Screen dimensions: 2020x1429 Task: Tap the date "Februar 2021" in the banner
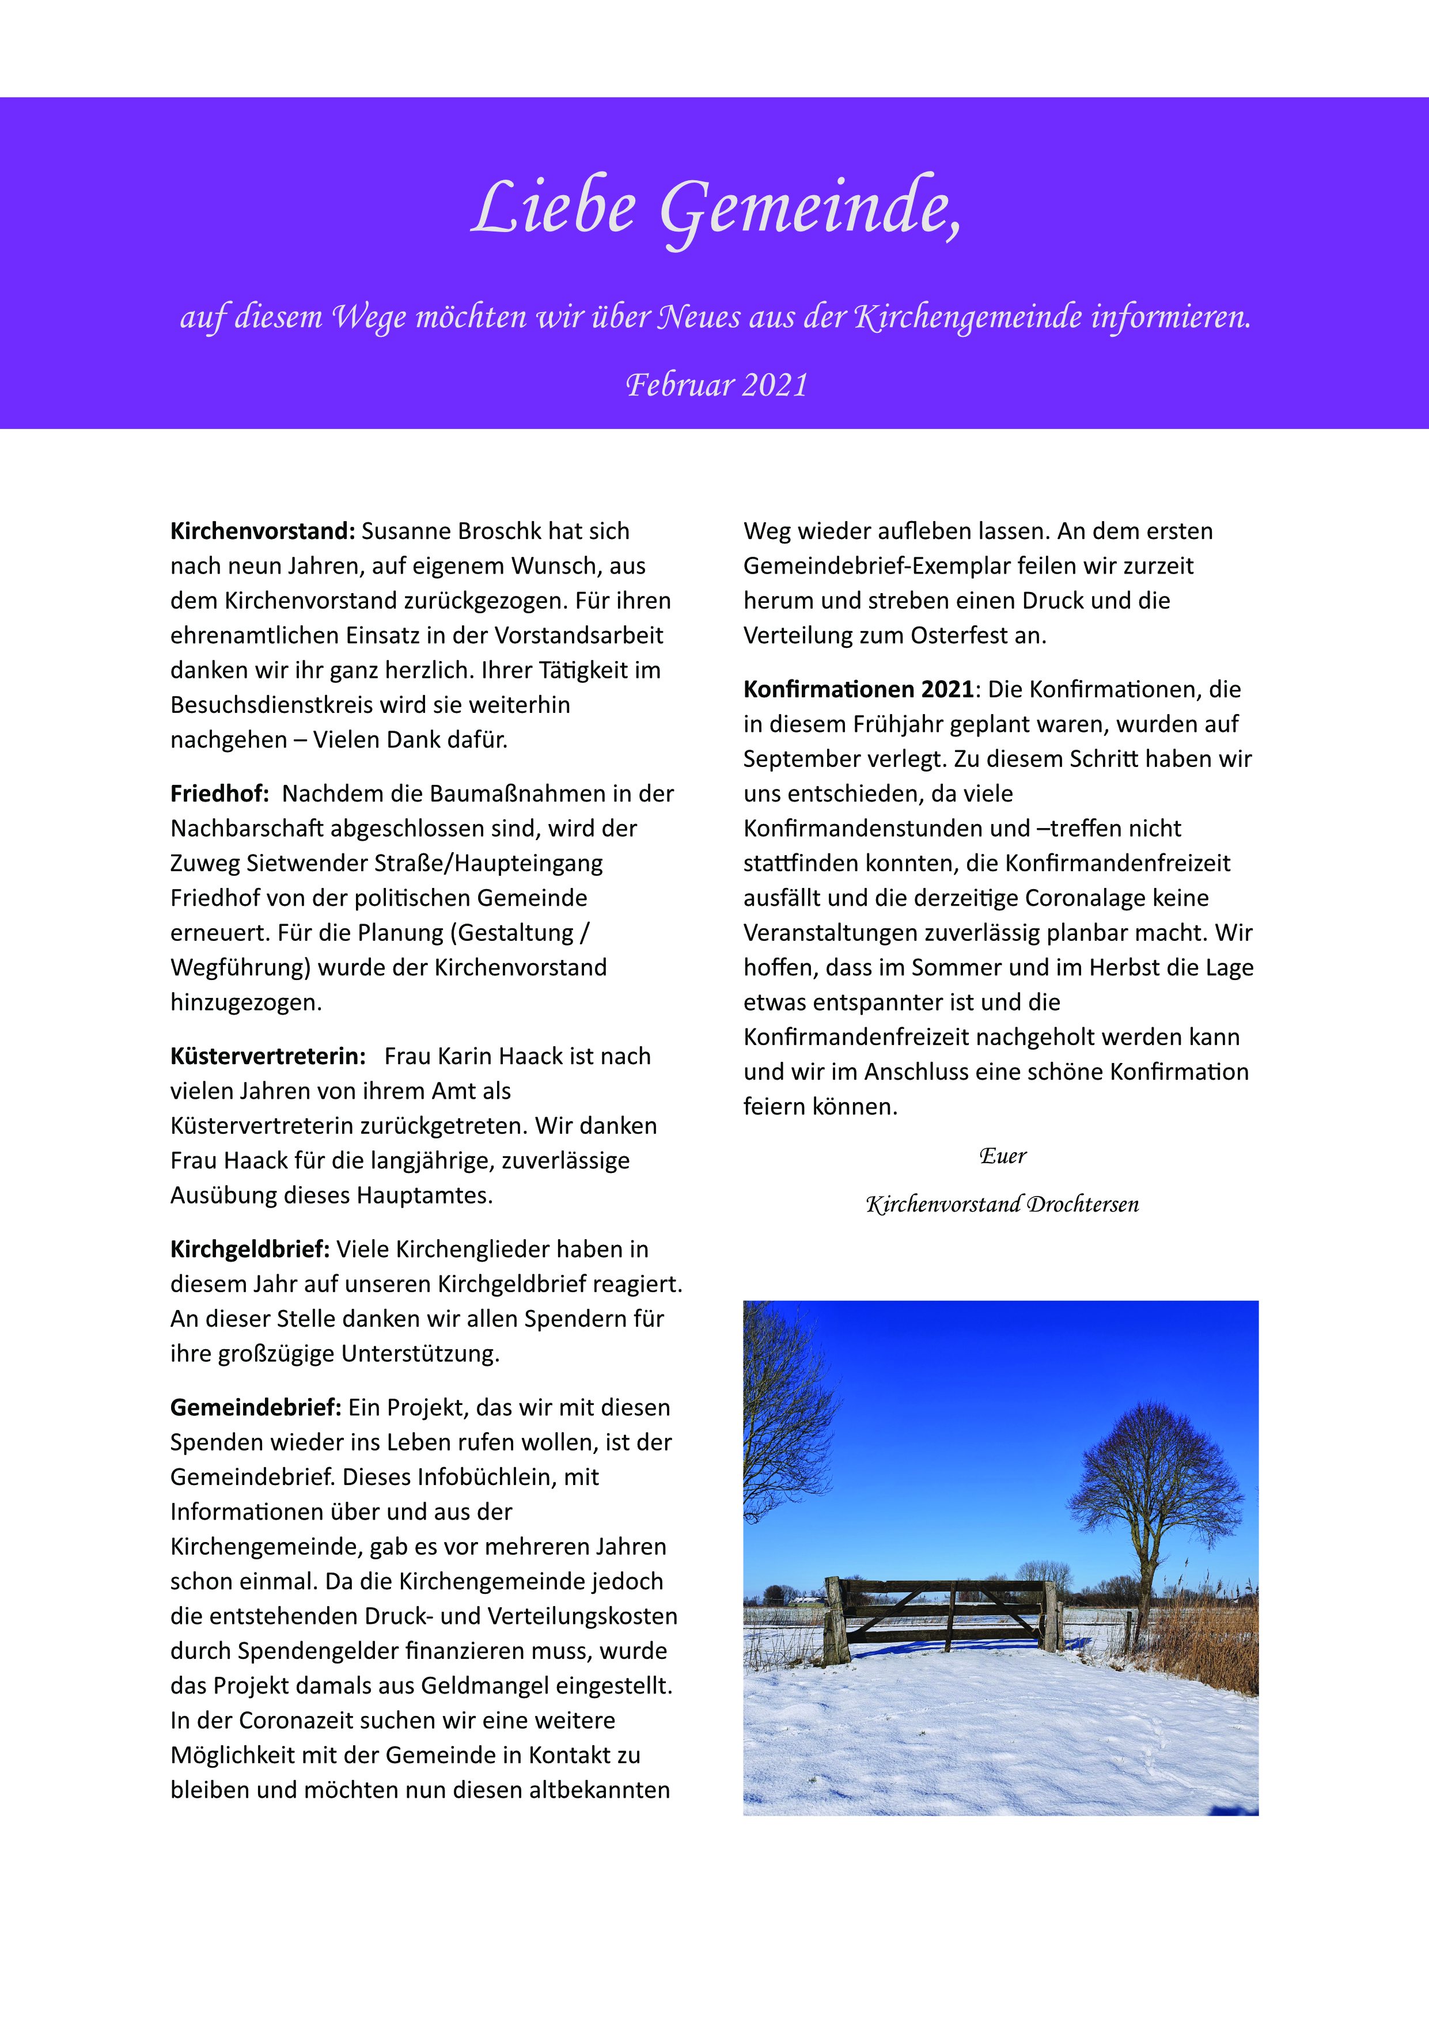pyautogui.click(x=717, y=385)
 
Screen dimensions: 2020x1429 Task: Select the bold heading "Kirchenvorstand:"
pyautogui.click(x=262, y=531)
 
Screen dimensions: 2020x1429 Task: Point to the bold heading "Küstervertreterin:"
pyautogui.click(x=267, y=1055)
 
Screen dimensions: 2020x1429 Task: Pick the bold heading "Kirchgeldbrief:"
pyautogui.click(x=250, y=1250)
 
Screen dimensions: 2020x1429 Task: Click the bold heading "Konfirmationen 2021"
pyautogui.click(x=858, y=689)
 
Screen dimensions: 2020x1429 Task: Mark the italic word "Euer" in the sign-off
pyautogui.click(x=1002, y=1156)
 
